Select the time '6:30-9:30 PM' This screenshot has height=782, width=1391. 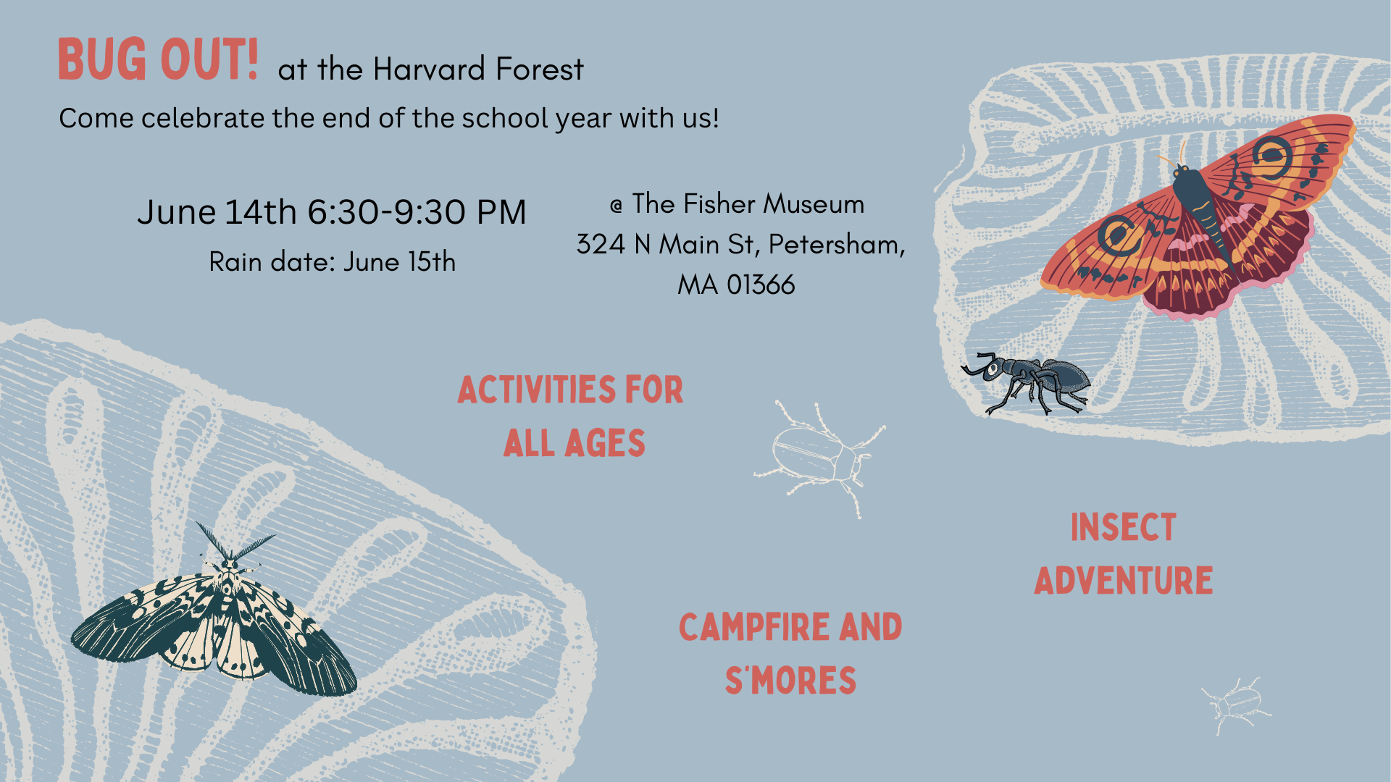417,212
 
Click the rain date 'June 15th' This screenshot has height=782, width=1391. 399,261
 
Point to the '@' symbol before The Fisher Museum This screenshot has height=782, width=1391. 617,206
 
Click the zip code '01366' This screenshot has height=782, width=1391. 761,285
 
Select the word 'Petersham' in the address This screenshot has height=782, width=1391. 836,245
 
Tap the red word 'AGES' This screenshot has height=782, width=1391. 605,443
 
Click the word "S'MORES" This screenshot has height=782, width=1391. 790,681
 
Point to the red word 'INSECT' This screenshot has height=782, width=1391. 1123,527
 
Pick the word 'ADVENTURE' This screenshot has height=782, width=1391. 1123,581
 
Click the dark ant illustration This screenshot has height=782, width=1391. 1027,382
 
